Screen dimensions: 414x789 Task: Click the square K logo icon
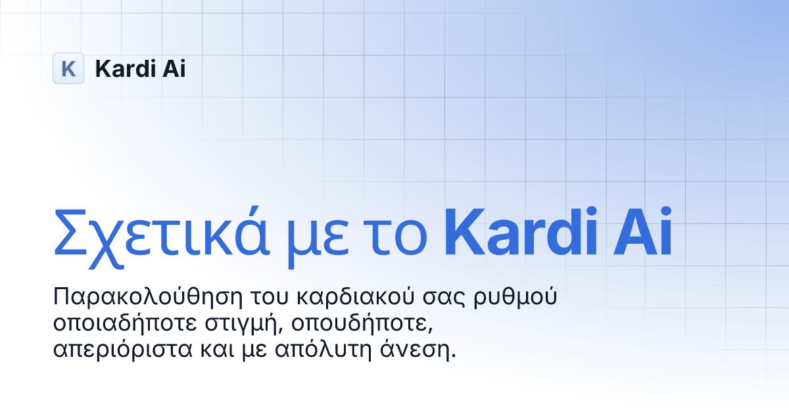click(68, 68)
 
